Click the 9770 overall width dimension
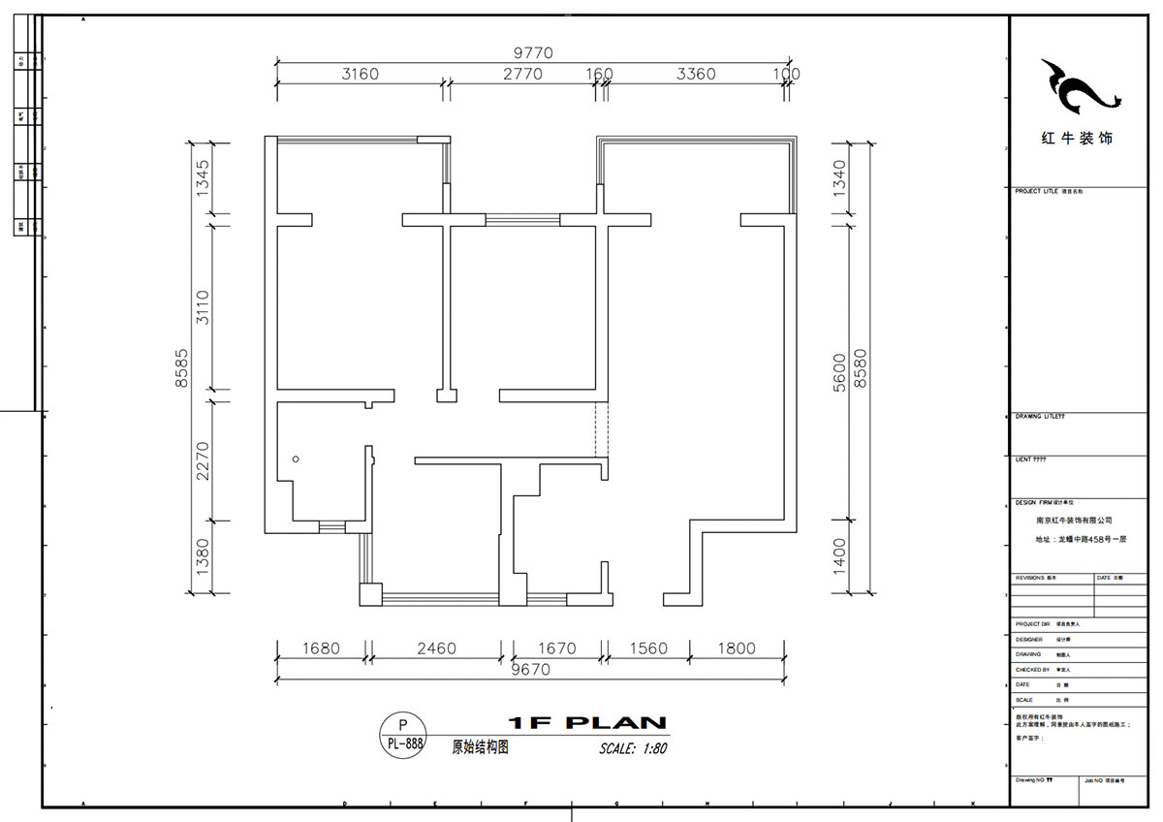pos(532,54)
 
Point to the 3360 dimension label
pos(696,75)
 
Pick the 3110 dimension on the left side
pos(203,308)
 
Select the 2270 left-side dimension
pos(203,460)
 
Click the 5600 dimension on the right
pos(839,371)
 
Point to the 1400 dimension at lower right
pos(839,555)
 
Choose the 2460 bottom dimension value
pos(436,648)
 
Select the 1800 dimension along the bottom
pos(737,648)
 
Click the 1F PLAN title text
pos(587,723)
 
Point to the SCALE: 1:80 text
pos(634,748)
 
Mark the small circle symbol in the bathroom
pos(296,458)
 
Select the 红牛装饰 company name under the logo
pos(1077,139)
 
